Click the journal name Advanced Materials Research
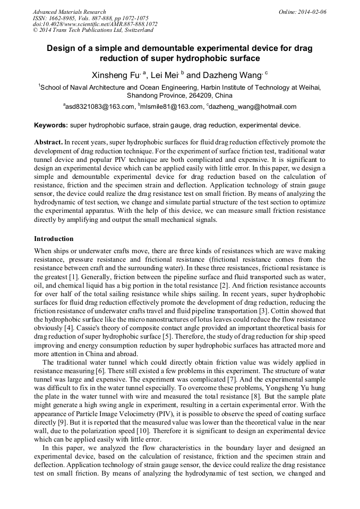click(69, 12)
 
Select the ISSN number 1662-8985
click(63, 18)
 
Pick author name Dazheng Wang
click(233, 74)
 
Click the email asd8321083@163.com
click(100, 107)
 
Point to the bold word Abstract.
click(48, 143)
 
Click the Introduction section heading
click(54, 239)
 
